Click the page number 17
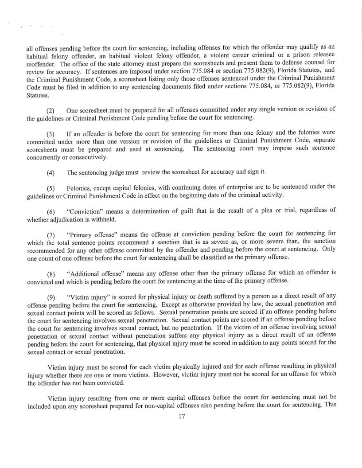(x=180, y=417)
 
